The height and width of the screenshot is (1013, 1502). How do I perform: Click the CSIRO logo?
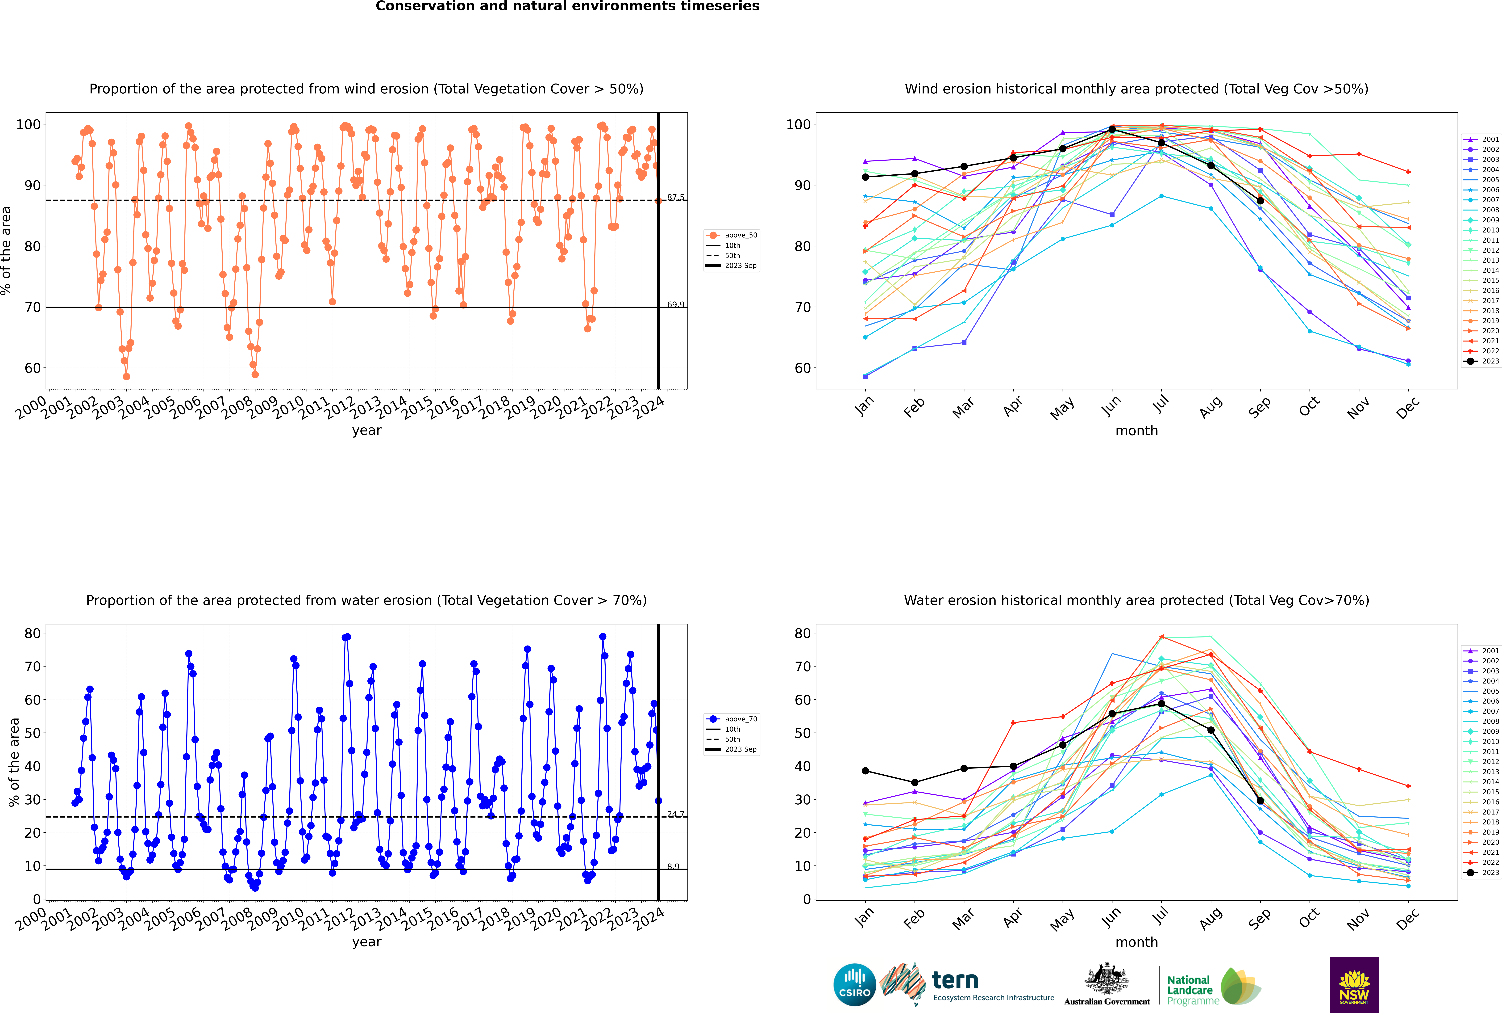[x=854, y=985]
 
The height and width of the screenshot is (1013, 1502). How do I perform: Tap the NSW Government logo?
[x=1354, y=984]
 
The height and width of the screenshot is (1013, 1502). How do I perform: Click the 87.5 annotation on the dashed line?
[x=675, y=197]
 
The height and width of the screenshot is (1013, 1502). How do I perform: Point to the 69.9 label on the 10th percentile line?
[x=675, y=304]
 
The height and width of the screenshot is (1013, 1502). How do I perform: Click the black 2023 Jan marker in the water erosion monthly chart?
[x=865, y=771]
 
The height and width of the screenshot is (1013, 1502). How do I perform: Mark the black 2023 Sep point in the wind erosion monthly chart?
[x=1260, y=201]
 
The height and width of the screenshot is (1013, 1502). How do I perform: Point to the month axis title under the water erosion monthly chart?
[x=1136, y=942]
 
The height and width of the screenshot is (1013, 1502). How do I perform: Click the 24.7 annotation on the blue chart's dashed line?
[x=675, y=814]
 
